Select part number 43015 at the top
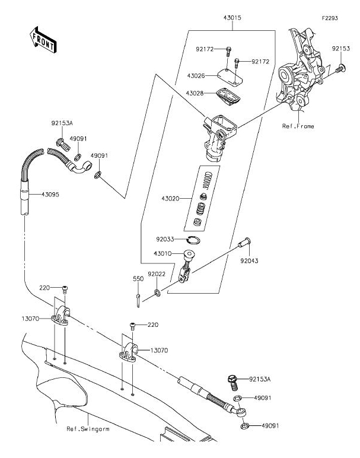point(232,18)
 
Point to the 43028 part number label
point(196,93)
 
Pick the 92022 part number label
point(157,273)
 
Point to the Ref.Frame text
point(298,126)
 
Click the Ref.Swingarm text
point(88,428)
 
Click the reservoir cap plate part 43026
point(228,75)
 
